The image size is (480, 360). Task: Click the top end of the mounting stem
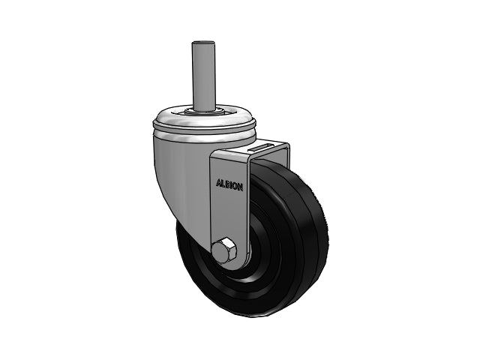click(x=202, y=43)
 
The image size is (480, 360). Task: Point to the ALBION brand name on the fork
click(x=229, y=185)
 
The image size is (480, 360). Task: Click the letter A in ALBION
click(x=218, y=183)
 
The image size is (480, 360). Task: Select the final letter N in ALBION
click(x=241, y=187)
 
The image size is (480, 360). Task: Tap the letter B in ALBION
click(x=227, y=184)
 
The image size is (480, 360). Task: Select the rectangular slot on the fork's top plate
click(x=262, y=147)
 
